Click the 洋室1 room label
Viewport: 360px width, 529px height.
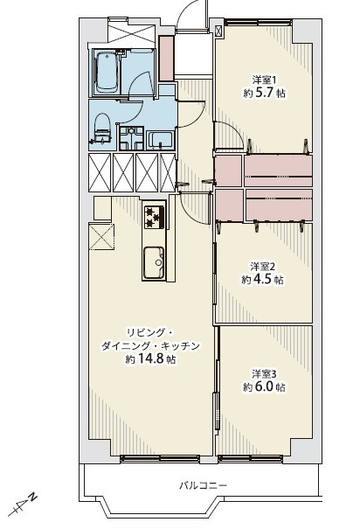tap(264, 80)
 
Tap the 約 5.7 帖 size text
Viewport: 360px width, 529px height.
tap(264, 93)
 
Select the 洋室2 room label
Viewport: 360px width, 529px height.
tap(263, 267)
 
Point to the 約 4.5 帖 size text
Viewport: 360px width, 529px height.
tap(262, 280)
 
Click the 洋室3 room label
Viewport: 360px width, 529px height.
tap(264, 374)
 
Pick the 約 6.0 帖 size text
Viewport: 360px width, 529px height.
tap(264, 387)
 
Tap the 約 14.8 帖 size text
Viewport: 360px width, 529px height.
tap(150, 359)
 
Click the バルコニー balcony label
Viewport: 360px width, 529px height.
tap(203, 485)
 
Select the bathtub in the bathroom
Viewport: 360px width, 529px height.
tap(107, 73)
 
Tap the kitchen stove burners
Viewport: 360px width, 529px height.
tap(154, 217)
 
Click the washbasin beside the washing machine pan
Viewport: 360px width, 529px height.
tap(161, 141)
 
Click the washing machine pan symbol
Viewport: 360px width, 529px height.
tap(131, 138)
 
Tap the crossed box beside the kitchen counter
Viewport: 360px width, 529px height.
tap(101, 236)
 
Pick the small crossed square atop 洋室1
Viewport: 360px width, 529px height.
tap(218, 31)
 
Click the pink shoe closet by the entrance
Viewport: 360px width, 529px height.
tap(166, 58)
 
